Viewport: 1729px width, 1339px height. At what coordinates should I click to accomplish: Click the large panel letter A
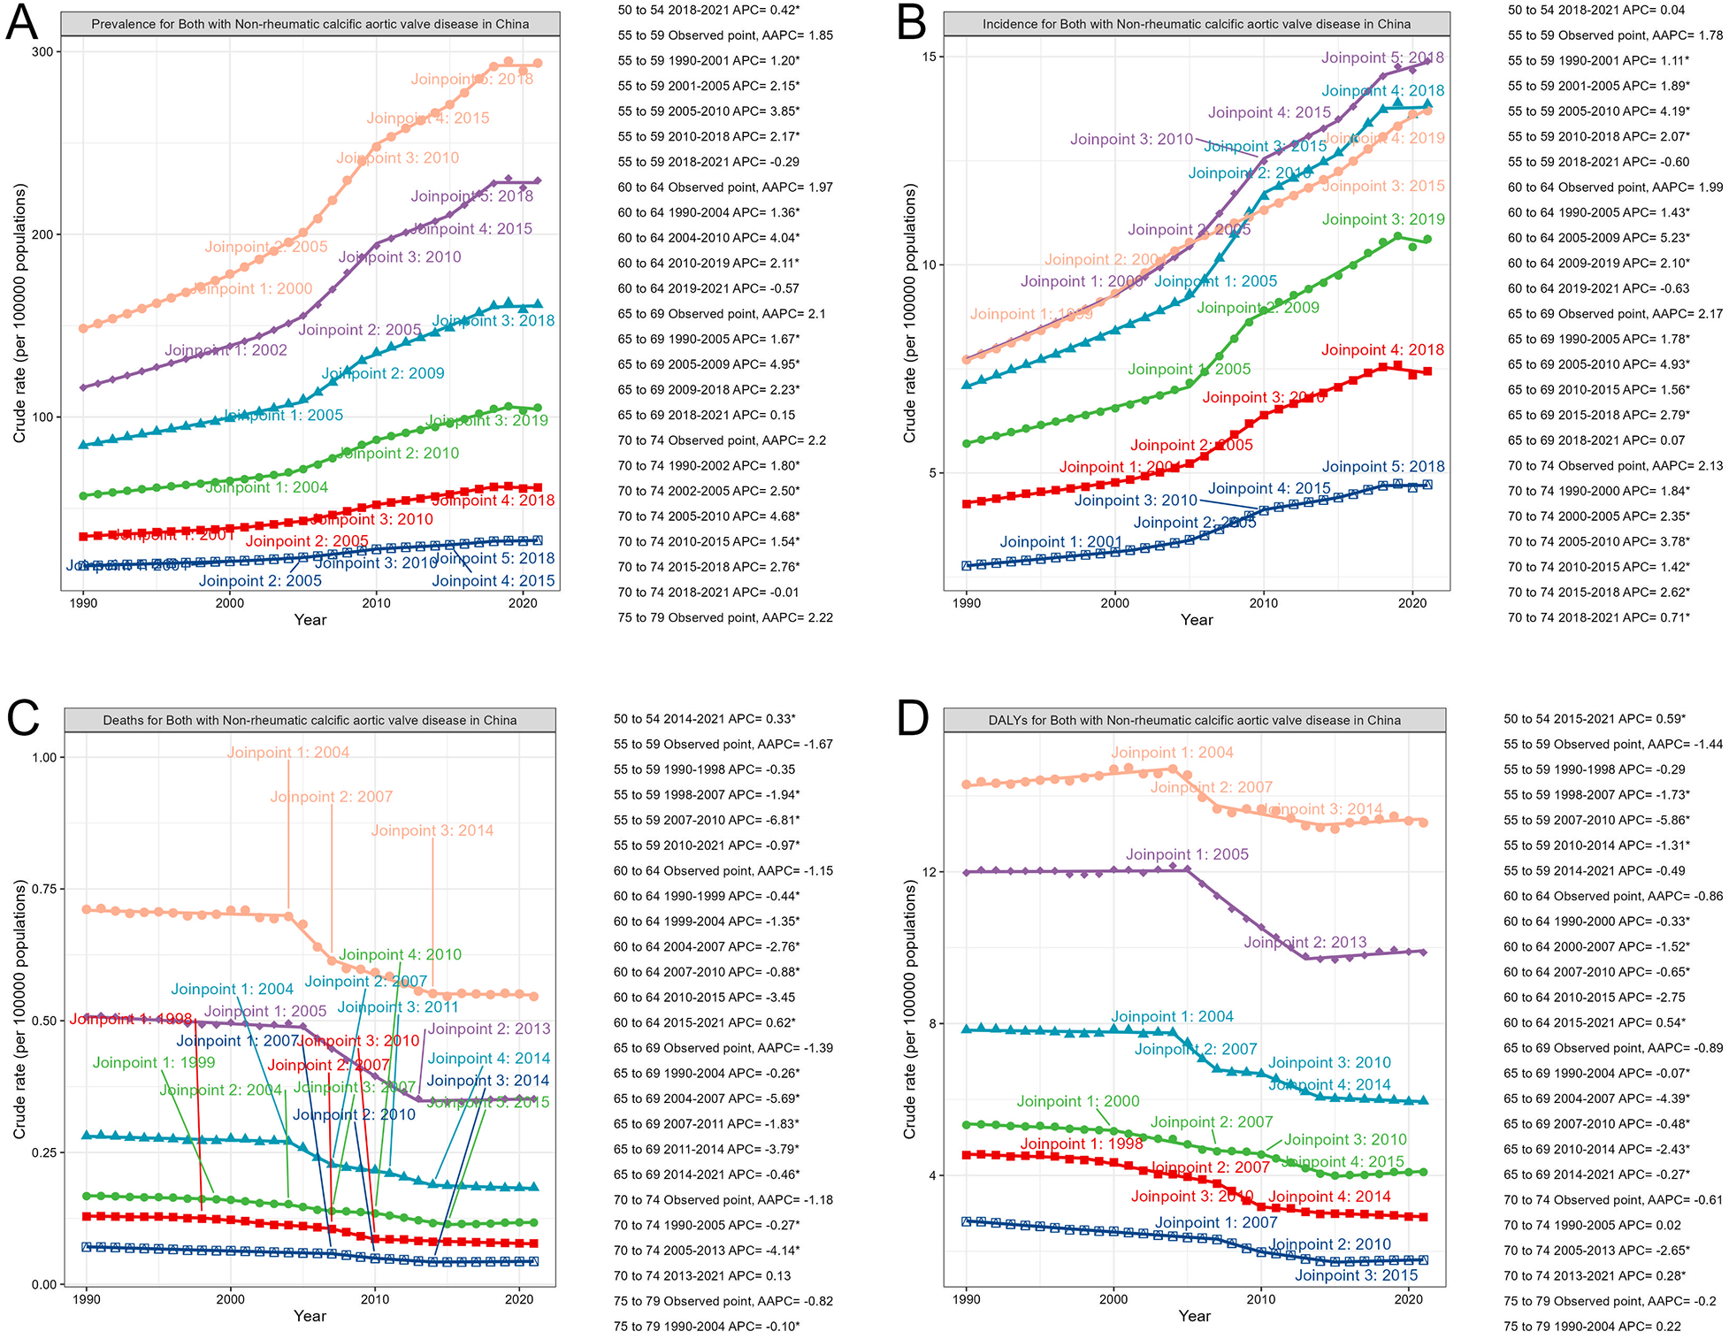[22, 23]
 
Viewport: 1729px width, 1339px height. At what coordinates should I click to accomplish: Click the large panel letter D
[914, 718]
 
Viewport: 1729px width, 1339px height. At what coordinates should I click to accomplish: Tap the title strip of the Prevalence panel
[310, 24]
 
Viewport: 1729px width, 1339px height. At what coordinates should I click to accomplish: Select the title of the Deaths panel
[310, 720]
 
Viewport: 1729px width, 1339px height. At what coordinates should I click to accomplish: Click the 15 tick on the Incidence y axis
[930, 57]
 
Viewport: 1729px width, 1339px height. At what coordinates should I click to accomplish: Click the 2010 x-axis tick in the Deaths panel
[375, 1299]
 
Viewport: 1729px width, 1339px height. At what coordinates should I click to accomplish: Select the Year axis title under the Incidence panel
[1197, 620]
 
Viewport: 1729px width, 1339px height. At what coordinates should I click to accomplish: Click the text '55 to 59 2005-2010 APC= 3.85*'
[708, 111]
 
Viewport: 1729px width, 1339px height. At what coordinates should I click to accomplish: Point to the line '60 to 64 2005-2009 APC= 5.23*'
[1598, 238]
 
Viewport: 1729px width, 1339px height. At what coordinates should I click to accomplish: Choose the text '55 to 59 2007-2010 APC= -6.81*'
[707, 820]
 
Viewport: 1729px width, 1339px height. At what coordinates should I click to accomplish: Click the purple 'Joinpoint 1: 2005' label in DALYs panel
[1187, 854]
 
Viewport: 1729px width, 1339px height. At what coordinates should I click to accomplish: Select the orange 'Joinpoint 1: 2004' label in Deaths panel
[288, 753]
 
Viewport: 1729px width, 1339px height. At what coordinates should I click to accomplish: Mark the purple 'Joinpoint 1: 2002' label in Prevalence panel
[226, 350]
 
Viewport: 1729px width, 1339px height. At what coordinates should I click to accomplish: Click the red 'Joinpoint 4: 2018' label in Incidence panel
[1382, 350]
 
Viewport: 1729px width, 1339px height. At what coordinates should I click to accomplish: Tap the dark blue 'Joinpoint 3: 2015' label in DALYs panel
[1356, 1275]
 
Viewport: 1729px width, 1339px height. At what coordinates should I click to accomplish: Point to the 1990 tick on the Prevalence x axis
[84, 603]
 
